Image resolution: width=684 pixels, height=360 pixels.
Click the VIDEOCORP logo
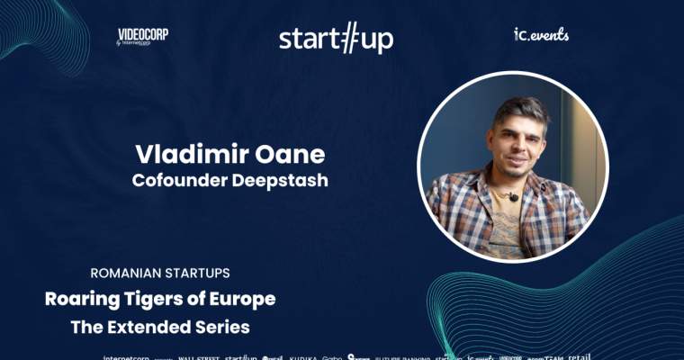[142, 36]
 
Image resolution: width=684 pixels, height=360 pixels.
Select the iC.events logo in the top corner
[541, 35]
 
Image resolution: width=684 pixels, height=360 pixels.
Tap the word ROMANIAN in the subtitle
[129, 272]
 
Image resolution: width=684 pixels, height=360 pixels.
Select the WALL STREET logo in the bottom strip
[199, 356]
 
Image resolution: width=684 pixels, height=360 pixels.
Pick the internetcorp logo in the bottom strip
[125, 356]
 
